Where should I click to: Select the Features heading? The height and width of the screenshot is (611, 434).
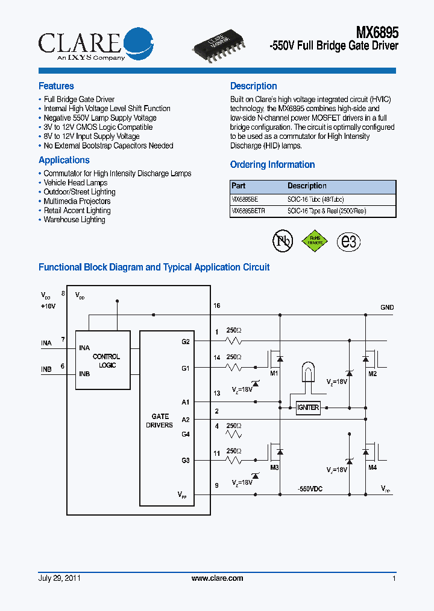(56, 86)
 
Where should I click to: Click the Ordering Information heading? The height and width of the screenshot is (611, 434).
(272, 165)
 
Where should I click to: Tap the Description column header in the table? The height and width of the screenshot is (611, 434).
(307, 186)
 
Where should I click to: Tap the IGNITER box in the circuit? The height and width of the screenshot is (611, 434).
(308, 408)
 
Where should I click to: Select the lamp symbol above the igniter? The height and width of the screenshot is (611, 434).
(307, 374)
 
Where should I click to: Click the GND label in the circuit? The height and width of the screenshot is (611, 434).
(387, 307)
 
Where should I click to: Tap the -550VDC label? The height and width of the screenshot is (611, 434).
(310, 488)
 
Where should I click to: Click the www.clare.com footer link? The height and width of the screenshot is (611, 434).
(217, 578)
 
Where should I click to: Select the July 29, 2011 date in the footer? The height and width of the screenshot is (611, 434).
(60, 578)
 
